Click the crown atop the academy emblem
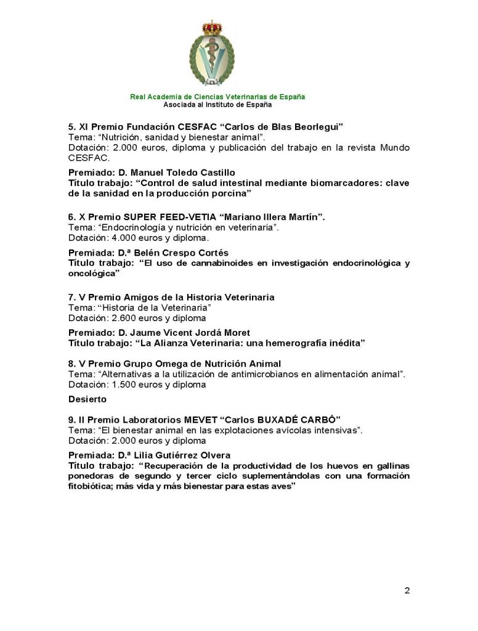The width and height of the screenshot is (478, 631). [x=212, y=28]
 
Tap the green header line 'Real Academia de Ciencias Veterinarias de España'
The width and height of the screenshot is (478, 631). [x=217, y=97]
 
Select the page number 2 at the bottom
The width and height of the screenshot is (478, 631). [x=407, y=590]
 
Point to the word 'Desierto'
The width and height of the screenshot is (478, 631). [x=87, y=399]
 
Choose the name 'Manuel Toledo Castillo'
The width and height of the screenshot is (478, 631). [x=182, y=173]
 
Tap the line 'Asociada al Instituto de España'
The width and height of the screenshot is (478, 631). [x=217, y=105]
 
